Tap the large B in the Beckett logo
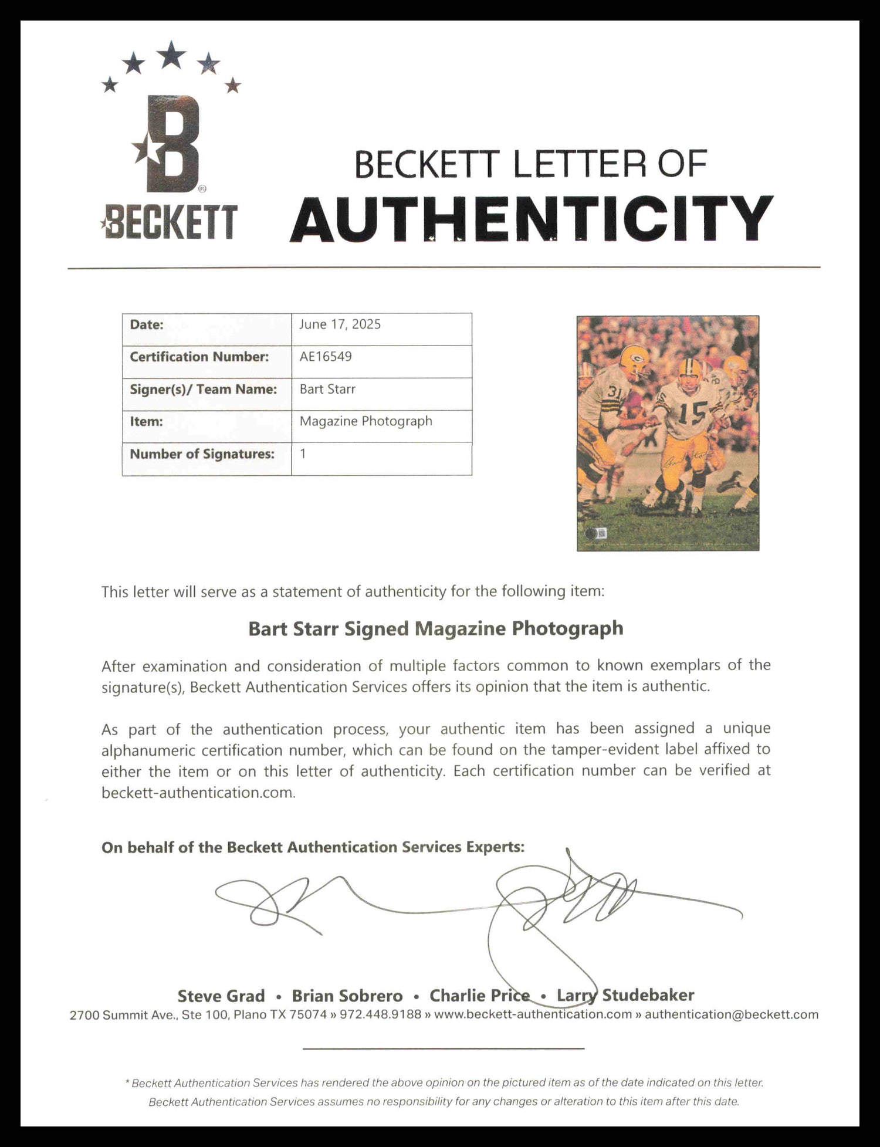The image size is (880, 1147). pyautogui.click(x=171, y=144)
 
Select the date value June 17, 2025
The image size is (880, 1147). pyautogui.click(x=340, y=324)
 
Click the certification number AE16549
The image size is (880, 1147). pyautogui.click(x=326, y=357)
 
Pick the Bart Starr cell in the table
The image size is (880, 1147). pyautogui.click(x=327, y=389)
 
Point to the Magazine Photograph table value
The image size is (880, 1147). pyautogui.click(x=365, y=421)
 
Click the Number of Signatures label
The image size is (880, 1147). pyautogui.click(x=202, y=454)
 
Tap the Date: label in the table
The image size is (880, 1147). pyautogui.click(x=147, y=324)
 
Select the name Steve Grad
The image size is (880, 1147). pyautogui.click(x=221, y=996)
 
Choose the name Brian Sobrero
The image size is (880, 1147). pyautogui.click(x=347, y=996)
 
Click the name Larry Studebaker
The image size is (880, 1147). pyautogui.click(x=625, y=995)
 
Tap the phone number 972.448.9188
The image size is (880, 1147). pyautogui.click(x=380, y=1014)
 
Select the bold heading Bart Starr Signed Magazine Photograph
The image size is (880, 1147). pyautogui.click(x=435, y=628)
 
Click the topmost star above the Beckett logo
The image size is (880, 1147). pyautogui.click(x=171, y=55)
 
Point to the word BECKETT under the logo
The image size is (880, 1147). pyautogui.click(x=170, y=223)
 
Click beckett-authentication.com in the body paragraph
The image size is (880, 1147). pyautogui.click(x=197, y=793)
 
